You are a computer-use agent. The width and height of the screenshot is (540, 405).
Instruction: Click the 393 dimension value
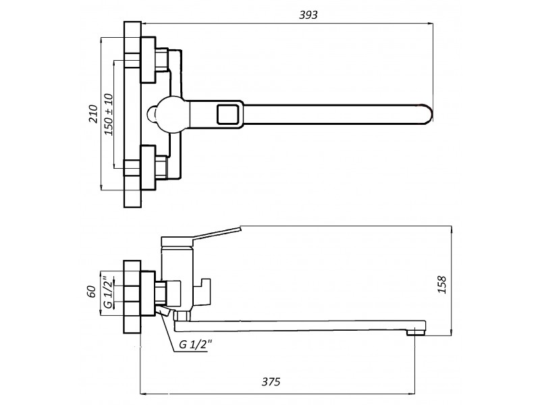tap(308, 15)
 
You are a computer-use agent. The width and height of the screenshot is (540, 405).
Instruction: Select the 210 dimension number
tap(93, 113)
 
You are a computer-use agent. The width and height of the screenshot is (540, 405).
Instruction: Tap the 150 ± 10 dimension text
tap(109, 114)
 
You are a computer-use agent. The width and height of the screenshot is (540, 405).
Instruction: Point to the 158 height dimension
tap(442, 284)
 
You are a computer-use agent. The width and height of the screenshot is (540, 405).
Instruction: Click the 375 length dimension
tap(271, 381)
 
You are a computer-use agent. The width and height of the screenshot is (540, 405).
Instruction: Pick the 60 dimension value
tap(91, 292)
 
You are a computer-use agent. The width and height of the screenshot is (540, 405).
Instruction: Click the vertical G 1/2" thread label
tap(108, 292)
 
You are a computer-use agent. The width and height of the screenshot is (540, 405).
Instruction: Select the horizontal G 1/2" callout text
tap(195, 344)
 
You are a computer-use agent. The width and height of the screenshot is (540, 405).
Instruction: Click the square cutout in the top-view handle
tap(227, 114)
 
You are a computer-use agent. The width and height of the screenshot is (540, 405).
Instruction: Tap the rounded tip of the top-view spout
tap(429, 113)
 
